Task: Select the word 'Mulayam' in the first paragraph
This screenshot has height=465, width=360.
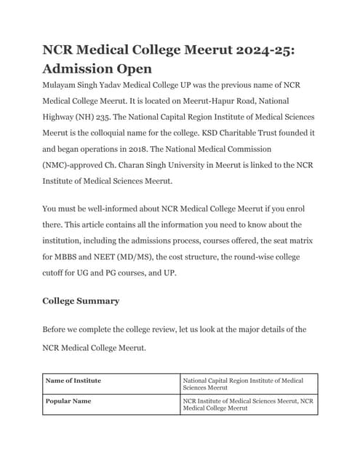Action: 63,85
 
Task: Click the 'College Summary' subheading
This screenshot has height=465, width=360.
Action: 81,301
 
